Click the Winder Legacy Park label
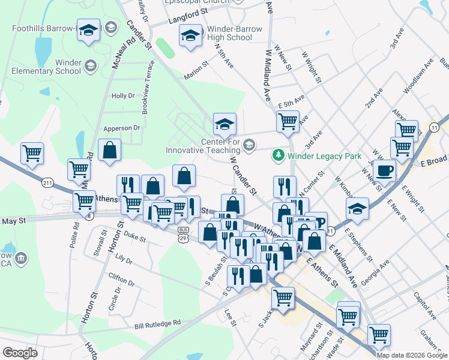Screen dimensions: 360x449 (324, 156)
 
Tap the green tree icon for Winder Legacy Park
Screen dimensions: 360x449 (278, 155)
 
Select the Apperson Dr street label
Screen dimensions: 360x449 (121, 128)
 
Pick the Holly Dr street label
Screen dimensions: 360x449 (123, 95)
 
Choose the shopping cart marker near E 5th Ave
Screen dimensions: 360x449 (288, 121)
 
